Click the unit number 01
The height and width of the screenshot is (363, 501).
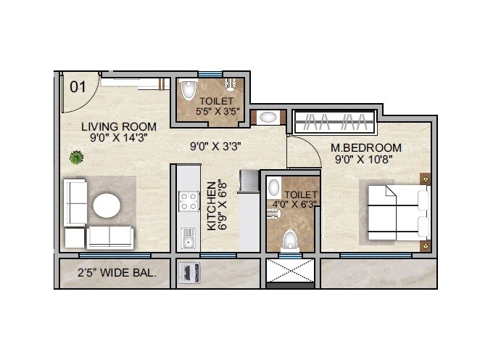tap(78, 86)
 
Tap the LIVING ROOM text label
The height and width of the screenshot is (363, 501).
tap(118, 126)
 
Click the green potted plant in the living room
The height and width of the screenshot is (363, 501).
tap(75, 156)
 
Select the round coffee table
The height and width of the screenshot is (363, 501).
tap(107, 205)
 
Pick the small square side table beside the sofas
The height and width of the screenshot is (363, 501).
tap(74, 237)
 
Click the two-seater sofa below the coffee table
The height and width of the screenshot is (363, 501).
tap(111, 237)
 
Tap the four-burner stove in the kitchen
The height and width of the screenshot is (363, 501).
tap(189, 201)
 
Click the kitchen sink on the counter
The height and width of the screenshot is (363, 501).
tap(189, 236)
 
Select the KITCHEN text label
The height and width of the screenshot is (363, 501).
tap(212, 206)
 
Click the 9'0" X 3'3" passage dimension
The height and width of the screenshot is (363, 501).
tap(215, 146)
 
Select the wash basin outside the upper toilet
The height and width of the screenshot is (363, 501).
tap(268, 117)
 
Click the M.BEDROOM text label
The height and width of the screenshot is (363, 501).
tap(365, 148)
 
